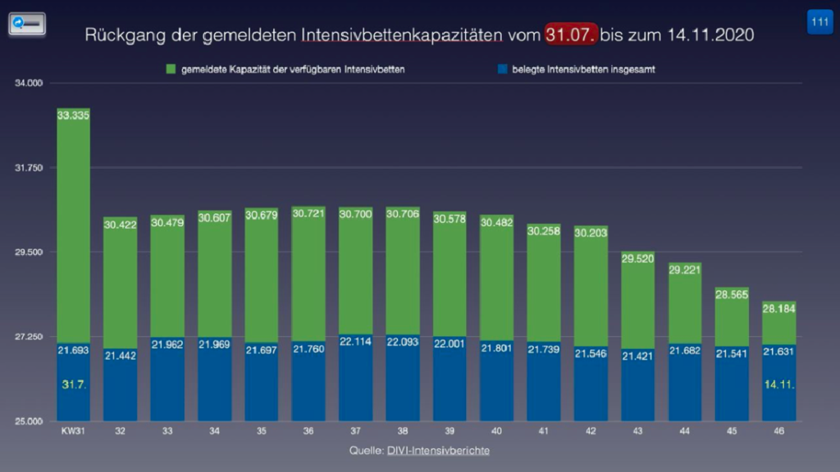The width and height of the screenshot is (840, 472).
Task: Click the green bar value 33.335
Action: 74,116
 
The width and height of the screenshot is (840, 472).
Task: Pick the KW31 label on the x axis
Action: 73,432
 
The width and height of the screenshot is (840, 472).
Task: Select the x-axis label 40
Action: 496,432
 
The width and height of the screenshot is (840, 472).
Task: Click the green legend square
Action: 170,70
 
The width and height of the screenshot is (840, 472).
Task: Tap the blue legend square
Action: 501,70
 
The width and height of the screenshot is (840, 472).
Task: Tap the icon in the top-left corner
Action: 26,24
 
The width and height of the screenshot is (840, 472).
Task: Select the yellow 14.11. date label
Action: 778,383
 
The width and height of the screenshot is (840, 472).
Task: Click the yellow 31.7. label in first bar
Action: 74,383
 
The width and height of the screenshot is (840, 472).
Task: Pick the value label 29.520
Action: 637,258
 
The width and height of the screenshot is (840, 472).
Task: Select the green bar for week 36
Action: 308,279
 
